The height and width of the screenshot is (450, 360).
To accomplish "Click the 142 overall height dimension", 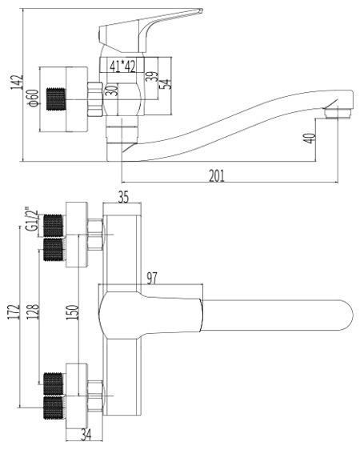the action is [x=17, y=82].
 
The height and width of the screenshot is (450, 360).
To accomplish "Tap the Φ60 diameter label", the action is [x=33, y=98].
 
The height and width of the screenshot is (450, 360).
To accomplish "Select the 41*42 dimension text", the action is [x=122, y=67].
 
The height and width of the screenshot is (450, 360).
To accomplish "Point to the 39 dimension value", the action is [x=153, y=76].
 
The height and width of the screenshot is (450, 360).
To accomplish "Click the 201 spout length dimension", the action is [x=217, y=176].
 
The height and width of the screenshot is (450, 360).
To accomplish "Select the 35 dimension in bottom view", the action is [x=123, y=198].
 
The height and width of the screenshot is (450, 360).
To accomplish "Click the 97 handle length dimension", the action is [x=152, y=279].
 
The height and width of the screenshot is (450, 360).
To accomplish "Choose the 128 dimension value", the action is [x=33, y=311].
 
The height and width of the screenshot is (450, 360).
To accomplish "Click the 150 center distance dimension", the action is [x=73, y=312].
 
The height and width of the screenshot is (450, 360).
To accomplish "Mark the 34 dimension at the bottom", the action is [x=86, y=435].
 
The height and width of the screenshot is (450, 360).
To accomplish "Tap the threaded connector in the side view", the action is [x=57, y=98].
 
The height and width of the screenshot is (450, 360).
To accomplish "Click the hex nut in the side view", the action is [x=95, y=99].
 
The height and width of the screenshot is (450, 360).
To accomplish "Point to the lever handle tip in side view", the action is [x=201, y=10].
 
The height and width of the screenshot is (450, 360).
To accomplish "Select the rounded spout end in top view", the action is [x=347, y=315].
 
